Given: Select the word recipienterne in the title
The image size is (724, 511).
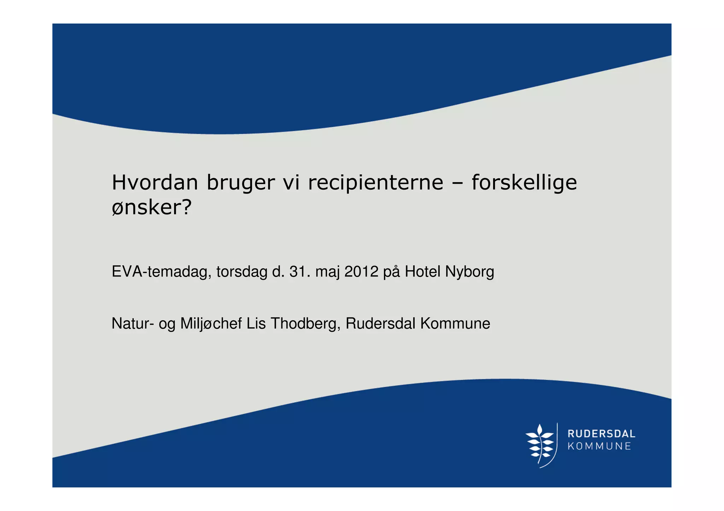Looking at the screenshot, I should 375,183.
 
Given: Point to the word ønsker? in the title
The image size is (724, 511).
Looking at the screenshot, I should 151,207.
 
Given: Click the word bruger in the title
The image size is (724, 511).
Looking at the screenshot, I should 240,183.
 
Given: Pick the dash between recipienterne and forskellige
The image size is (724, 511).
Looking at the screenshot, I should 457,183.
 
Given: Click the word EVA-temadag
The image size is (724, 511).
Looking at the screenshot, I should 162,272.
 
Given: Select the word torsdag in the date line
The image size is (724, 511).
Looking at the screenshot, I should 242,272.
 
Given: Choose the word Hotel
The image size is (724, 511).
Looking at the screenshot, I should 422,272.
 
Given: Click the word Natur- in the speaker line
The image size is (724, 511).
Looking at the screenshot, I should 133,323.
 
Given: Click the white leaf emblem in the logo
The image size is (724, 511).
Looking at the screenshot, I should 540,445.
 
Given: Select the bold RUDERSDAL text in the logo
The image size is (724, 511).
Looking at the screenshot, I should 601,434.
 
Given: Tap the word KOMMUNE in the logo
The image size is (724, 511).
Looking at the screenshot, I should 599,446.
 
